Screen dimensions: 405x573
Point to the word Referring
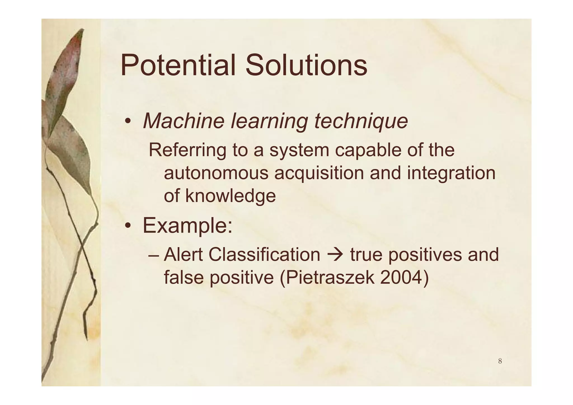pyautogui.click(x=187, y=150)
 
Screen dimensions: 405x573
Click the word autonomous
pyautogui.click(x=216, y=173)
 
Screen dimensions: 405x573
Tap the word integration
pyautogui.click(x=451, y=173)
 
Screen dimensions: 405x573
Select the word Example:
pyautogui.click(x=187, y=226)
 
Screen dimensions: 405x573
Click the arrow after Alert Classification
pyautogui.click(x=335, y=255)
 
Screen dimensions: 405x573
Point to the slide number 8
pyautogui.click(x=500, y=361)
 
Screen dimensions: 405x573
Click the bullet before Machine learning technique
pyautogui.click(x=128, y=122)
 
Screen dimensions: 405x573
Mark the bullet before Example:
pyautogui.click(x=128, y=226)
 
